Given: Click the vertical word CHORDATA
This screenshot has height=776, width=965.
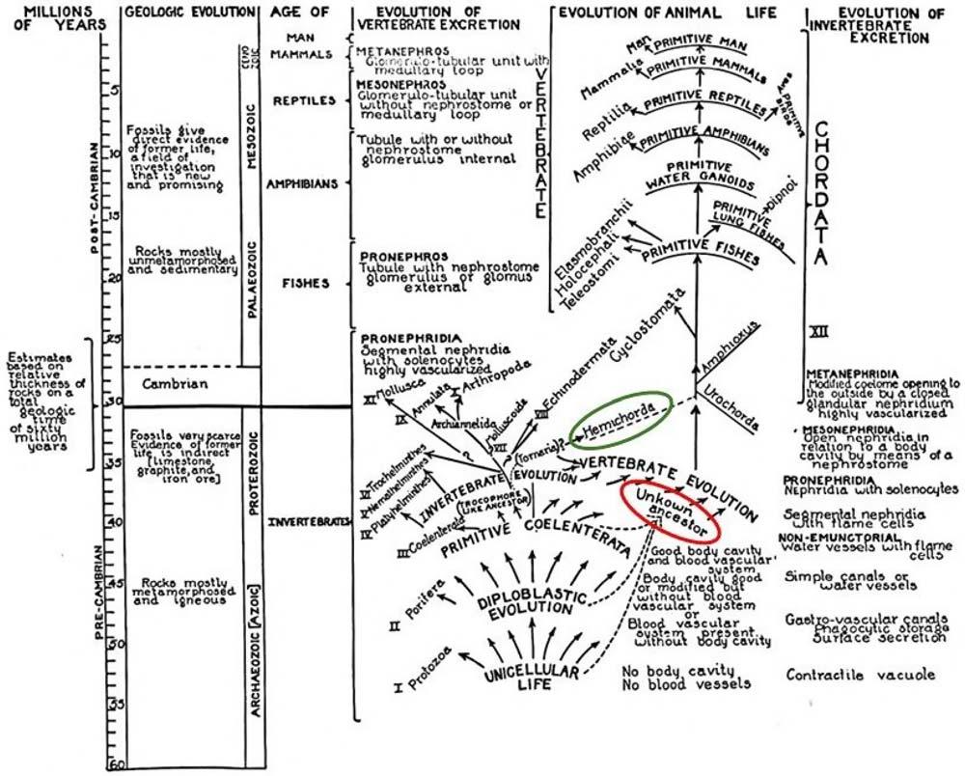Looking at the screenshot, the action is tap(821, 194).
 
